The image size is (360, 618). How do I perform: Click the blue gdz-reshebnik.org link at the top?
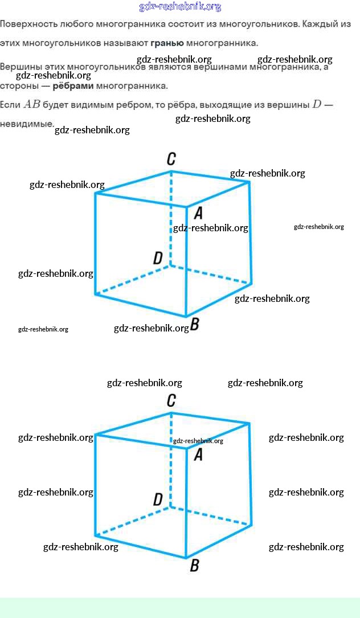point(179,7)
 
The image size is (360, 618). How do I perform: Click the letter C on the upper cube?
point(171,159)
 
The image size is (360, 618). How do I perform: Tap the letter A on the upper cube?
point(198,213)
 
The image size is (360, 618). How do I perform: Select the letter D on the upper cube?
point(158,259)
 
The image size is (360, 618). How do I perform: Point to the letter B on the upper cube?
point(195,325)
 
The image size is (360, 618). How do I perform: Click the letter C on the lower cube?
point(171,400)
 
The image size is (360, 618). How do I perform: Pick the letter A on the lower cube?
point(198,455)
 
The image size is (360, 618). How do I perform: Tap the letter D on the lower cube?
point(158,500)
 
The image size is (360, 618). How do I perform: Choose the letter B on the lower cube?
point(194,566)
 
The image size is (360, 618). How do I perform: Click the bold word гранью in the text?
point(166,43)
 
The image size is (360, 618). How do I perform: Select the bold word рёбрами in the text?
point(73,87)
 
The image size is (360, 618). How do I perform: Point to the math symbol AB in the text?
point(32,105)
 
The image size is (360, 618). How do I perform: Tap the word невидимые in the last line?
point(26,124)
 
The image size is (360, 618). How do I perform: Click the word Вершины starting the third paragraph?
point(19,67)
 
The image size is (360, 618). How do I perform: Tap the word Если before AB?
point(10,105)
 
